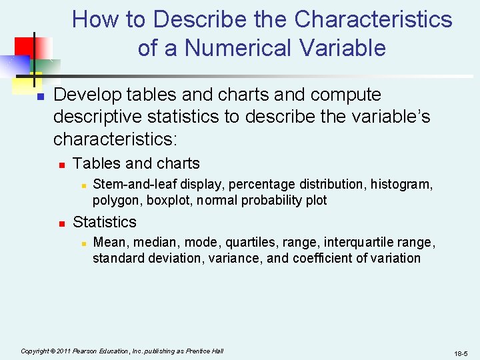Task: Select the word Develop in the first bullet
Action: [84, 95]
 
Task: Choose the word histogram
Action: [401, 184]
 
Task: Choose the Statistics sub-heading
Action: [104, 222]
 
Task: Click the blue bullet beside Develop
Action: [40, 97]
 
